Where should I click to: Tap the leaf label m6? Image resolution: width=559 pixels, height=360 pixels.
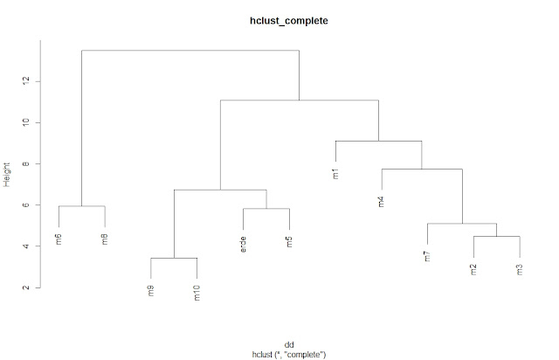click(x=59, y=239)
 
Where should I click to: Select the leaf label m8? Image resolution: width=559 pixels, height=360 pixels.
click(x=105, y=239)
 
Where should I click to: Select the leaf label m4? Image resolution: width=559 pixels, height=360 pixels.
click(x=382, y=203)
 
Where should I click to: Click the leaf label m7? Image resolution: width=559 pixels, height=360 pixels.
click(x=427, y=257)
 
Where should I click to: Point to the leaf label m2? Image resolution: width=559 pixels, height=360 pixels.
click(x=473, y=269)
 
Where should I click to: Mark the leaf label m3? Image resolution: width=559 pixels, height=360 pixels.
click(x=520, y=269)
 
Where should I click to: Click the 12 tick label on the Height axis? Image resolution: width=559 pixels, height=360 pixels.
click(x=27, y=80)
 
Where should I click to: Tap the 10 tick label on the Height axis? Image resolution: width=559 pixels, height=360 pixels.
click(x=27, y=122)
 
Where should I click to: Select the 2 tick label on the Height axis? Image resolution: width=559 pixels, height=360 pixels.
click(x=27, y=287)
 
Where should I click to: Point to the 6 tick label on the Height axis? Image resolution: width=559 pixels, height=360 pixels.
click(x=27, y=205)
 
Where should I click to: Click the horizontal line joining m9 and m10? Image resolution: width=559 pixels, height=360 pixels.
click(x=174, y=258)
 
